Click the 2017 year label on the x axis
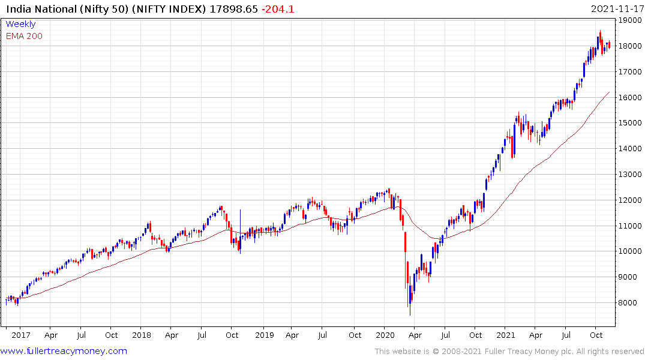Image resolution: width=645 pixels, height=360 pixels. [x=20, y=335]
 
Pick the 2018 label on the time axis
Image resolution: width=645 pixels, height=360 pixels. [x=142, y=335]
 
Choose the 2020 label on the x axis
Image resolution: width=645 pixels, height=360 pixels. [x=384, y=335]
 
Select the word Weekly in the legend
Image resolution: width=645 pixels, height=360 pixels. [x=20, y=25]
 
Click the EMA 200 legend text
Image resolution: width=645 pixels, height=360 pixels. [x=24, y=36]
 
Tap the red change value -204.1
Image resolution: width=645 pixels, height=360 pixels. [x=277, y=9]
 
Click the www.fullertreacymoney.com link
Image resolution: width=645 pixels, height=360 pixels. [x=64, y=351]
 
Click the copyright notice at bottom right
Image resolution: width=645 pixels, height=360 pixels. [x=509, y=352]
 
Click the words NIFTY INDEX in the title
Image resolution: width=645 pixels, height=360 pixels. [x=166, y=9]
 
